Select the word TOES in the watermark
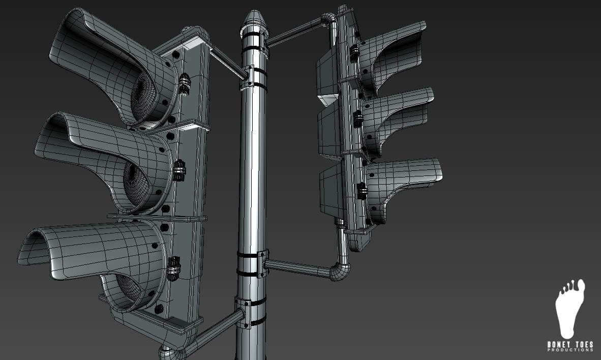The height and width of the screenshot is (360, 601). click(583, 345)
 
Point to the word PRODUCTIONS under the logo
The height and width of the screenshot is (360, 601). click(570, 350)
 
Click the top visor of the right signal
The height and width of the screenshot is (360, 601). click(397, 51)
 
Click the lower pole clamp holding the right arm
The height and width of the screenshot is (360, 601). click(253, 263)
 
